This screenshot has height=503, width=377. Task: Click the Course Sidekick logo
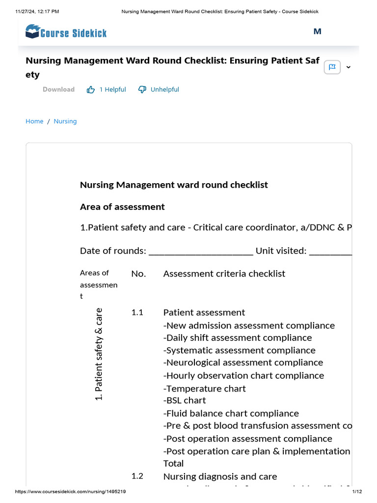tap(66, 32)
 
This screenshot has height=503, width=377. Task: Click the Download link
tap(58, 89)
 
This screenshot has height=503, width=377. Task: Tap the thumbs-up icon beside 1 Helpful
tap(91, 89)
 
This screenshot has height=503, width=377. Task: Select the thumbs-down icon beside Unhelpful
tap(142, 89)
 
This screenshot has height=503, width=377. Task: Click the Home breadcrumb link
tap(34, 121)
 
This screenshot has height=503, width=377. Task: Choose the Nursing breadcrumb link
tap(65, 121)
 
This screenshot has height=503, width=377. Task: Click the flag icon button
tap(332, 67)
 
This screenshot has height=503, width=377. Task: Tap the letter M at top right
tap(317, 31)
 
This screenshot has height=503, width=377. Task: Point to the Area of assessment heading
tap(122, 207)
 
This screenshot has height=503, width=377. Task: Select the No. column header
tap(138, 274)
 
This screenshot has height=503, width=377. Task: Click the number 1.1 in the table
tap(137, 312)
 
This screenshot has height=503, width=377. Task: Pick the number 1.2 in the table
tap(137, 476)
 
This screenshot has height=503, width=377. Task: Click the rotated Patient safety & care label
tap(99, 354)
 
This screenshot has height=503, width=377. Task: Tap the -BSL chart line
tap(185, 400)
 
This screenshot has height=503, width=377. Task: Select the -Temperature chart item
tap(205, 389)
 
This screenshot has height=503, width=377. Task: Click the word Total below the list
tap(173, 463)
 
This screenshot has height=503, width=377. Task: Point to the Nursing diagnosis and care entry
tap(220, 476)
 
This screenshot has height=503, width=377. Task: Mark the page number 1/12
tap(356, 492)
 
